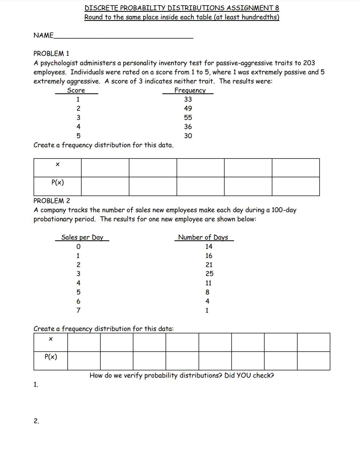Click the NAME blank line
point(123,38)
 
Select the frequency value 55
point(188,118)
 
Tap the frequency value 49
point(188,109)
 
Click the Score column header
point(76,91)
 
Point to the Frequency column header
point(190,91)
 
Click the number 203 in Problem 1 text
point(309,63)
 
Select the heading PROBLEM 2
point(52,201)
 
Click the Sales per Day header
point(82,238)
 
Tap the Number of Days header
point(203,238)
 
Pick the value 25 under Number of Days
point(209,274)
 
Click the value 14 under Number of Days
point(209,247)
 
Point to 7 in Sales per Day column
point(78,310)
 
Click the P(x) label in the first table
point(57,183)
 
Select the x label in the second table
point(51,339)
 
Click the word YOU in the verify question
point(244,375)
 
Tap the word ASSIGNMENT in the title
point(249,8)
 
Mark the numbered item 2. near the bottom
point(36,421)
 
